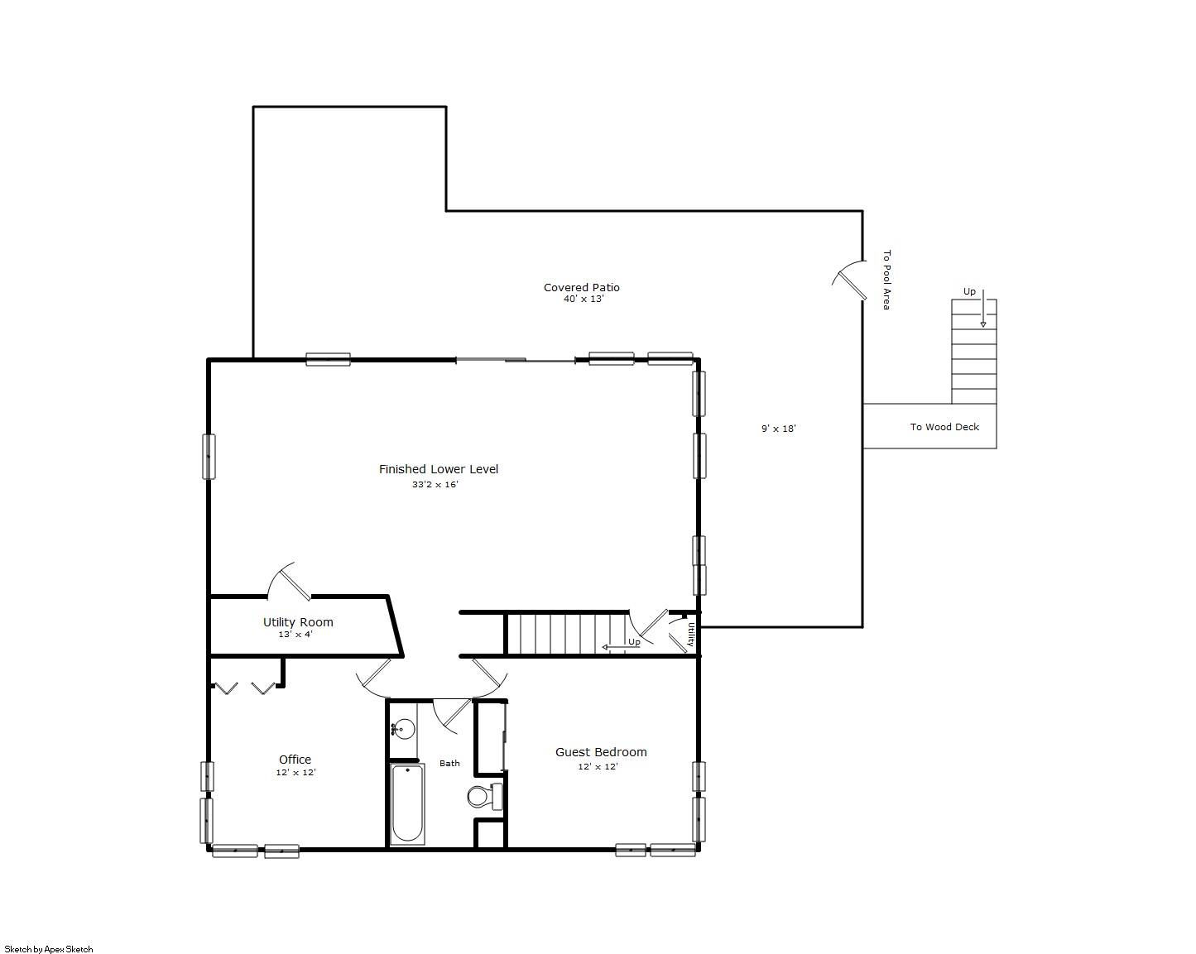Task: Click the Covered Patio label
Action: pos(581,287)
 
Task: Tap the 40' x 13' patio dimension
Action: pos(584,299)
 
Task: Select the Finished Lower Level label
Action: pos(439,469)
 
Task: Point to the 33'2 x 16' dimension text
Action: pos(435,485)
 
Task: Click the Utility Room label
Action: pos(298,622)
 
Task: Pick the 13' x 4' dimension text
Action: pos(295,635)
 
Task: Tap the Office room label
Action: pos(295,760)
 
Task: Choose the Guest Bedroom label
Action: pos(601,752)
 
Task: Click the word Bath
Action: pos(449,764)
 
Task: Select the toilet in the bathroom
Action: pos(485,796)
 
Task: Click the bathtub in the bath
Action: pos(407,804)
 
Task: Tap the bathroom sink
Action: pos(403,729)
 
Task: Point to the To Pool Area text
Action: pos(886,280)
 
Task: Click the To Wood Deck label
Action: pos(944,427)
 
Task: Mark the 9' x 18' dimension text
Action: pos(779,429)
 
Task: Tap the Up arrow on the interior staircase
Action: pos(621,647)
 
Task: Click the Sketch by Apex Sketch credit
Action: pos(49,949)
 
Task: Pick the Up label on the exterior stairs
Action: pos(969,292)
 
